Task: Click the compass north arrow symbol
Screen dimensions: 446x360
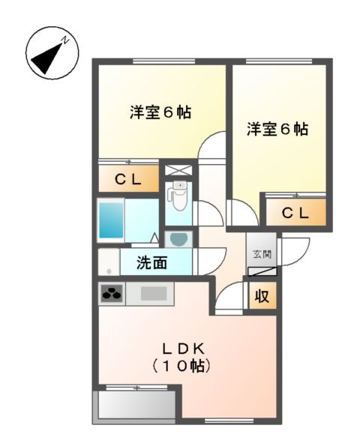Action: click(x=49, y=52)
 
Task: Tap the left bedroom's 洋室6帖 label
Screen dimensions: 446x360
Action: click(x=160, y=112)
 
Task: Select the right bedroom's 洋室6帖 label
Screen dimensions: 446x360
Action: click(x=277, y=130)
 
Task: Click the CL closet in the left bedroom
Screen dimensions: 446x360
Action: click(x=129, y=179)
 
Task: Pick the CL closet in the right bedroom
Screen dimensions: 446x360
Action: click(x=295, y=212)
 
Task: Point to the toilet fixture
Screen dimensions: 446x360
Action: click(x=178, y=197)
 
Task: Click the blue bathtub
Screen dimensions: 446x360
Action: click(x=111, y=218)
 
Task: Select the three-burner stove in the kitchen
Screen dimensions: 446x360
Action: click(x=112, y=294)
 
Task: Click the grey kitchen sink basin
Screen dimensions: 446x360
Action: click(x=154, y=294)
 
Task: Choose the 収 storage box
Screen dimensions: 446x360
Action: click(x=262, y=296)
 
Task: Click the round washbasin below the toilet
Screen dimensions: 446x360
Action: click(x=178, y=238)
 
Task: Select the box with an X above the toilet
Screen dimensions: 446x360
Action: click(x=178, y=169)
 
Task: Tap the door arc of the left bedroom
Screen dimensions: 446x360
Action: click(x=215, y=146)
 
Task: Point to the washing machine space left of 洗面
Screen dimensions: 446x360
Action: click(x=108, y=263)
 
